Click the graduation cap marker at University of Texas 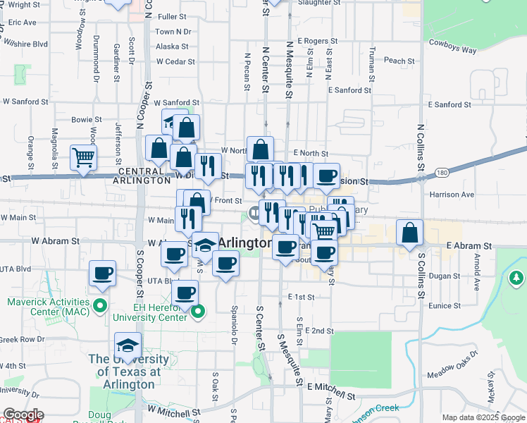click(128, 346)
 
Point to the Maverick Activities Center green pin click(100, 306)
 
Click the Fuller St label click(172, 16)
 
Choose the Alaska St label click(173, 47)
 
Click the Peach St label click(399, 61)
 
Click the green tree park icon click(516, 278)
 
